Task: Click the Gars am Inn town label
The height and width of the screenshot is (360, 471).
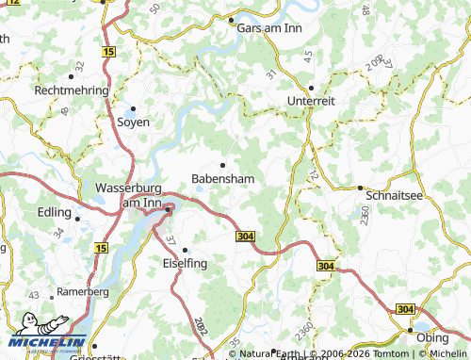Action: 268,28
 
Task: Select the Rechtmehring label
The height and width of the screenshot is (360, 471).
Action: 72,90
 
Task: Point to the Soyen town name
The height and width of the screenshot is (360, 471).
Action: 132,123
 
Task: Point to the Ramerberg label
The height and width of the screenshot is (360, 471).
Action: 85,292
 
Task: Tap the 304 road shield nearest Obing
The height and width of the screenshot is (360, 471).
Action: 405,309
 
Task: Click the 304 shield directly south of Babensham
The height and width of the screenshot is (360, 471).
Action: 246,236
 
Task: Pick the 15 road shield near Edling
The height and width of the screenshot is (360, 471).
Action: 100,247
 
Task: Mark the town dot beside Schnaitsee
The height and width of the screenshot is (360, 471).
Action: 360,188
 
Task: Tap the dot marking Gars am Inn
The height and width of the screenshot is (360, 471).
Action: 231,20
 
